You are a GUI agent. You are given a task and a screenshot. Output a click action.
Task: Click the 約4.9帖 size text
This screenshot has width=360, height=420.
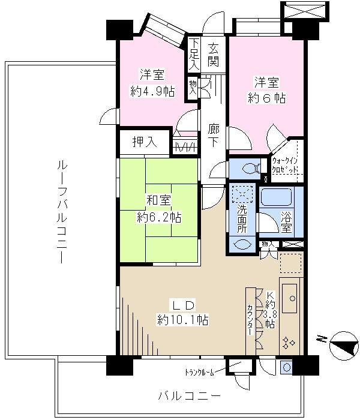click(x=152, y=91)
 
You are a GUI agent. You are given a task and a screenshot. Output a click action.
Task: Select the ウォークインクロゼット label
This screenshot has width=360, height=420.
click(x=287, y=165)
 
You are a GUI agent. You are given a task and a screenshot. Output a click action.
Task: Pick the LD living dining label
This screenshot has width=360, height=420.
click(x=182, y=304)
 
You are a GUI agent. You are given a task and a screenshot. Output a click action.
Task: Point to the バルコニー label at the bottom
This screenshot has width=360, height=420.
click(x=189, y=396)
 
